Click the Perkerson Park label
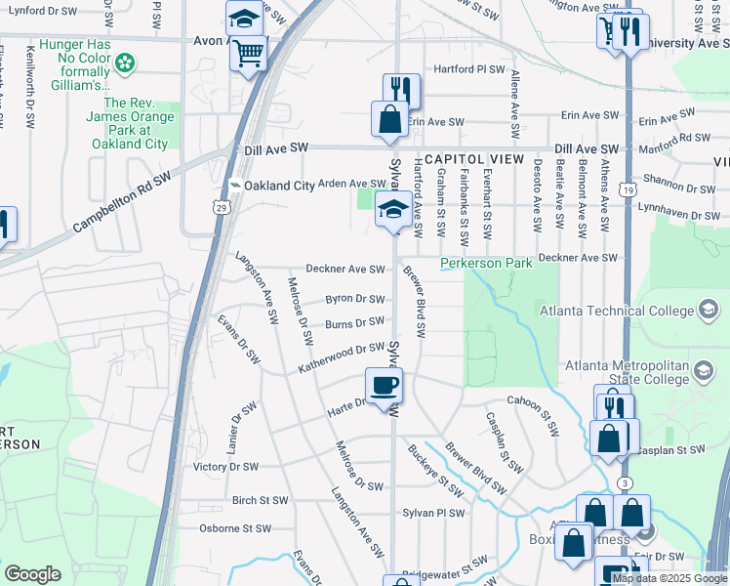(486, 264)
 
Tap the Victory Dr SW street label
(225, 467)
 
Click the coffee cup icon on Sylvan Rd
(384, 384)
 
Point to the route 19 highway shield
(627, 188)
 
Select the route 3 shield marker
(626, 483)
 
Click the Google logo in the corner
(32, 574)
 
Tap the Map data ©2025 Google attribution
(669, 578)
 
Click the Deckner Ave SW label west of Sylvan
(341, 269)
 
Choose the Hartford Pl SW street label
(469, 70)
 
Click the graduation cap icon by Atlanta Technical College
(709, 312)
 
